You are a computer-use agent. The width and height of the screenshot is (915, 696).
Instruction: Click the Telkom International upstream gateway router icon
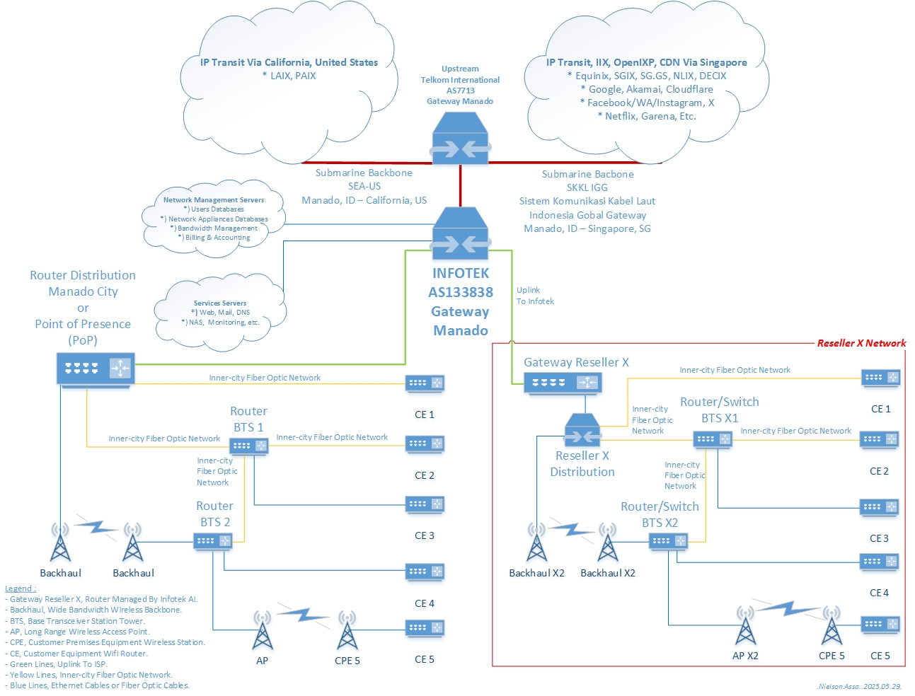click(460, 139)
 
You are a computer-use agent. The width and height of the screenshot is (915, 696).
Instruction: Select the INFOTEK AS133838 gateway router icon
click(460, 233)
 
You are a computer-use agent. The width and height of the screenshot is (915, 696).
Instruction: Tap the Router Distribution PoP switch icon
click(96, 368)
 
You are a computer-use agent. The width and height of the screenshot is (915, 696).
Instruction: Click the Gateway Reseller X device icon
click(563, 383)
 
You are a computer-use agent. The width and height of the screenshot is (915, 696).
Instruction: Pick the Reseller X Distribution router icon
click(582, 429)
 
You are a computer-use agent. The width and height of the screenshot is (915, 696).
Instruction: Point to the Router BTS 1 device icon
click(248, 446)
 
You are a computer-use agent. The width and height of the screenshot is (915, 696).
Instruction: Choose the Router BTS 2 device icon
click(213, 541)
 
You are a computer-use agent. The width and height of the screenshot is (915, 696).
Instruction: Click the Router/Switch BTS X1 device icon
click(713, 439)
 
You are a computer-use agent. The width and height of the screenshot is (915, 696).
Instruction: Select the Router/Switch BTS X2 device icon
click(668, 541)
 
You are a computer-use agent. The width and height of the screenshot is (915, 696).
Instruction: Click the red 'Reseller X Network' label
click(861, 343)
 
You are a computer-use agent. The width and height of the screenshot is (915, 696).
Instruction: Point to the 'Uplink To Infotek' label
click(535, 296)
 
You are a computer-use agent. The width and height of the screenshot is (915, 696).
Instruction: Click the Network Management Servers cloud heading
click(214, 200)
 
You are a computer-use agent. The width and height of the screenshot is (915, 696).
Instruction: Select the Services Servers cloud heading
click(220, 303)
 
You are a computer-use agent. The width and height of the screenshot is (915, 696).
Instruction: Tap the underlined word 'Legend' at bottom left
click(20, 588)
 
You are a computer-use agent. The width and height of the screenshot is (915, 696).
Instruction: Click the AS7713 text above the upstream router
click(460, 91)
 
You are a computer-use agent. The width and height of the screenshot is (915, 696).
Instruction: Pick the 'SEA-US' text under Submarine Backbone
click(364, 186)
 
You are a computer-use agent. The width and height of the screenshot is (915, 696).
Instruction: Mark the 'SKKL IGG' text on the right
click(587, 187)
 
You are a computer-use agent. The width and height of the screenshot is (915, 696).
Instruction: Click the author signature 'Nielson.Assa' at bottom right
click(838, 686)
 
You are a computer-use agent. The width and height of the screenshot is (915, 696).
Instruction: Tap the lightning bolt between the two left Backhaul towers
click(96, 527)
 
